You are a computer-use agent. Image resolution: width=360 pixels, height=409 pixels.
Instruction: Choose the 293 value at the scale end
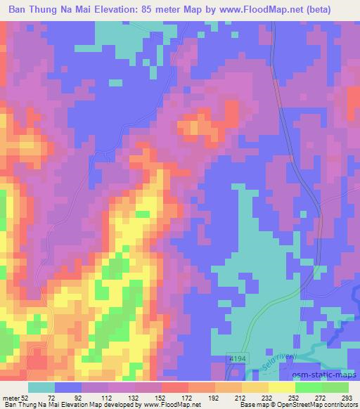click(x=347, y=397)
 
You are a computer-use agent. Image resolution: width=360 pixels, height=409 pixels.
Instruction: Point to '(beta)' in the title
click(x=335, y=9)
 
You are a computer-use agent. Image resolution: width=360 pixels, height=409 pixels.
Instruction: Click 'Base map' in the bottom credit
click(x=229, y=405)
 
